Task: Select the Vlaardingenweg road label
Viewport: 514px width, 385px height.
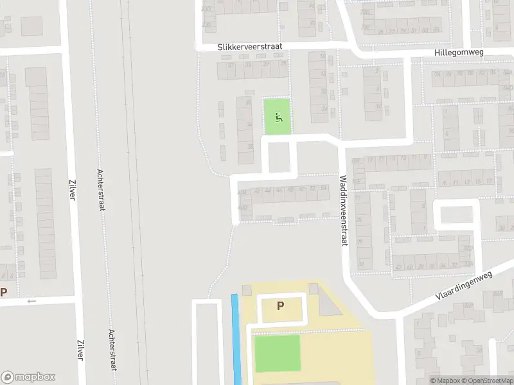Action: (x=463, y=286)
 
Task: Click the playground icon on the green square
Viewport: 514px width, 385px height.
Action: (x=278, y=117)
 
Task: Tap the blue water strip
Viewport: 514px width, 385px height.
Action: (x=236, y=339)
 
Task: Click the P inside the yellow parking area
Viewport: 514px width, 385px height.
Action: (x=280, y=306)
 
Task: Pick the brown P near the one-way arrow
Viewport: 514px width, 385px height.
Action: (x=4, y=293)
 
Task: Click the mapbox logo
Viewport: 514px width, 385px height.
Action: (x=28, y=377)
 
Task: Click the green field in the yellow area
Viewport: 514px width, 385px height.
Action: (x=277, y=353)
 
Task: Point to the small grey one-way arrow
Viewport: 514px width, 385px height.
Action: (x=31, y=301)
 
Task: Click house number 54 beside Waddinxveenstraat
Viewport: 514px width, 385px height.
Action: (x=323, y=189)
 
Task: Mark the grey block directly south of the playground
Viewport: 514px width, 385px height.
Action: (x=278, y=157)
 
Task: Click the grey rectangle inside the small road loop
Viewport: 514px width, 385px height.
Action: (x=457, y=214)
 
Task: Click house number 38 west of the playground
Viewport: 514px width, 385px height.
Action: (x=249, y=146)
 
